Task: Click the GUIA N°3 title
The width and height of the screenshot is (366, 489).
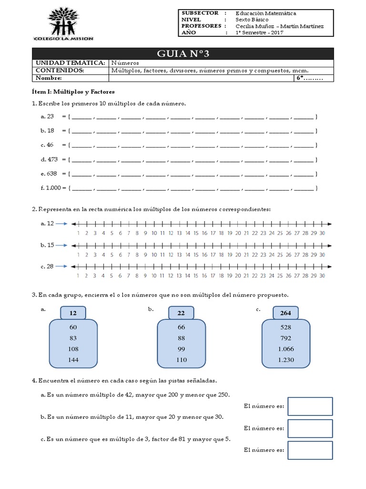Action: click(x=183, y=54)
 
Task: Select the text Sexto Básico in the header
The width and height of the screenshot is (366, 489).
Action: click(x=252, y=20)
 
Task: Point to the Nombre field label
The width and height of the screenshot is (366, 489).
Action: click(x=48, y=78)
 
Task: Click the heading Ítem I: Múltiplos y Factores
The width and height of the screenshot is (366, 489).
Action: click(x=73, y=91)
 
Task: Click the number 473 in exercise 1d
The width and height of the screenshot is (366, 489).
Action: click(x=52, y=159)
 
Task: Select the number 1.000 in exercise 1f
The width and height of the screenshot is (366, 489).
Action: click(x=53, y=188)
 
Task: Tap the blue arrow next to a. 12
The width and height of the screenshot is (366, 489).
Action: click(x=62, y=223)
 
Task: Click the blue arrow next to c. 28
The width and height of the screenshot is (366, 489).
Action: click(x=62, y=266)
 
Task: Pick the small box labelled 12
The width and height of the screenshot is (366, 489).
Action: click(x=73, y=313)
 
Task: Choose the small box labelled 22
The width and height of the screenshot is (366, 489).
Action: click(x=181, y=313)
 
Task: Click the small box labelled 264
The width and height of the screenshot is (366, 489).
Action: click(x=286, y=313)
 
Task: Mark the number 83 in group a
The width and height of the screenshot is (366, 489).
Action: click(x=73, y=338)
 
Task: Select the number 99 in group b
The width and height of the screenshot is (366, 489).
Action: click(x=182, y=349)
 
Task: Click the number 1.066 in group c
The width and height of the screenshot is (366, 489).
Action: click(x=286, y=349)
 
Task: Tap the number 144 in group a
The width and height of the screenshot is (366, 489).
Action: click(x=73, y=360)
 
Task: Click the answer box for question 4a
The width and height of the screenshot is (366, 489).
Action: click(x=310, y=406)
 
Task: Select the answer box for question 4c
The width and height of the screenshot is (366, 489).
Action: click(x=310, y=450)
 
